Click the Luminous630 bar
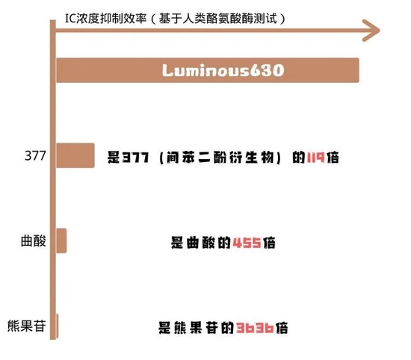(x=208, y=70)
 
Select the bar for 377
(x=75, y=155)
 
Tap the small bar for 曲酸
(x=61, y=240)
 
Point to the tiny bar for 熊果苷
(x=57, y=326)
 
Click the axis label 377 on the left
(x=35, y=155)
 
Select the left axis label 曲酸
(x=34, y=240)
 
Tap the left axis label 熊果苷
(x=26, y=326)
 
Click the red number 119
(x=315, y=158)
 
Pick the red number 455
(x=247, y=243)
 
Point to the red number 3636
(x=255, y=328)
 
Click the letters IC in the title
(x=70, y=19)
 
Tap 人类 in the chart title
(x=194, y=19)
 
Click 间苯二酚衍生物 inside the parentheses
(x=220, y=158)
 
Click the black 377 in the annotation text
(x=136, y=158)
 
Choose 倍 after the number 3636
(x=282, y=328)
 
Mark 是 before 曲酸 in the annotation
(x=177, y=243)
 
